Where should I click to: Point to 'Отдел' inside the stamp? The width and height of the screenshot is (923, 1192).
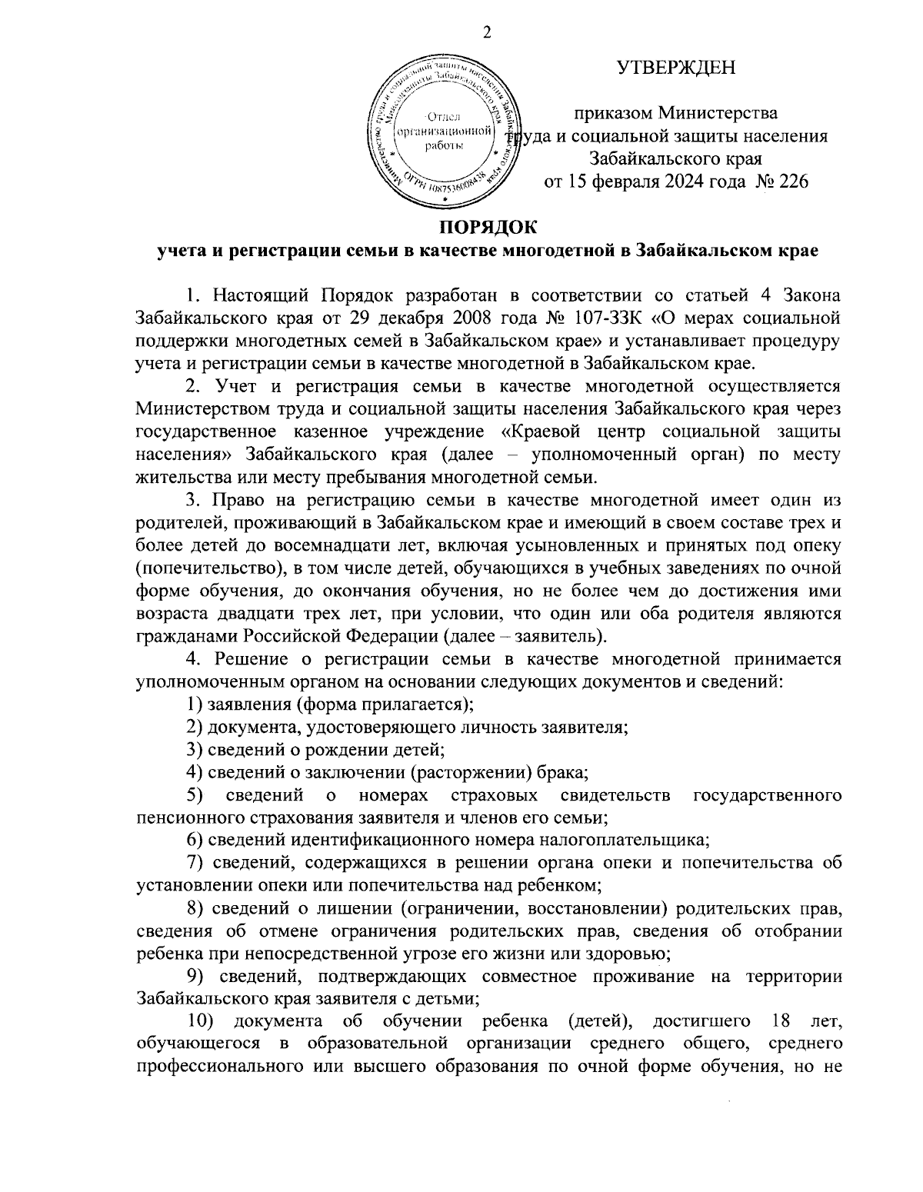point(443,117)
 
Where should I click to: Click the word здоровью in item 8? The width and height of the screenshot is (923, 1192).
point(623,953)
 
